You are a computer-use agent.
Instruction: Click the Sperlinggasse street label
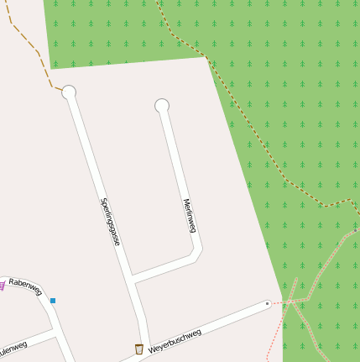[110, 221]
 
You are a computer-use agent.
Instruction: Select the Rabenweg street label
[25, 287]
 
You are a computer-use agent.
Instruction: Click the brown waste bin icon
[138, 349]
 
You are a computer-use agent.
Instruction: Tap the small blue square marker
[53, 300]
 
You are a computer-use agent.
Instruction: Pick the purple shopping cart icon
[2, 286]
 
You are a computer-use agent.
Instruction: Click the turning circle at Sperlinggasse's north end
[69, 92]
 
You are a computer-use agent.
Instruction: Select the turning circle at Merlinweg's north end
[162, 105]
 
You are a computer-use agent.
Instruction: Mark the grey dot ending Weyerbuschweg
[267, 303]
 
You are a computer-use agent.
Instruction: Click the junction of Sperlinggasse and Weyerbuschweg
[149, 344]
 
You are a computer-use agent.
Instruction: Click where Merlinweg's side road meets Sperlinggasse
[133, 280]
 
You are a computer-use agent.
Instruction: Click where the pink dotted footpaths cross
[292, 301]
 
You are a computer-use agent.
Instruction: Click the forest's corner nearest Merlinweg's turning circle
[206, 57]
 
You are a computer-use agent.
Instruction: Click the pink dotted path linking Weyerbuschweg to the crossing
[279, 302]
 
